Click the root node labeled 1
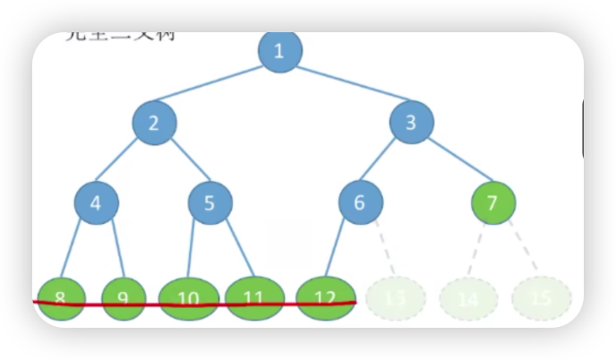point(279,51)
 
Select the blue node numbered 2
point(154,124)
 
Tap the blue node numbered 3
point(411,123)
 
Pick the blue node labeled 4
point(96,202)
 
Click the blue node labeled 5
point(210,202)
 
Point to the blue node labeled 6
point(360,202)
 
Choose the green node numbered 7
point(492,202)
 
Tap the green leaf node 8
point(61,297)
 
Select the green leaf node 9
point(124,297)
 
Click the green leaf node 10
point(188,297)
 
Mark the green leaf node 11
point(254,297)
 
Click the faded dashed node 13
point(395,298)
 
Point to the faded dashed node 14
point(468,298)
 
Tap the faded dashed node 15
point(541,298)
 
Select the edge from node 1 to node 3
point(346,87)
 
